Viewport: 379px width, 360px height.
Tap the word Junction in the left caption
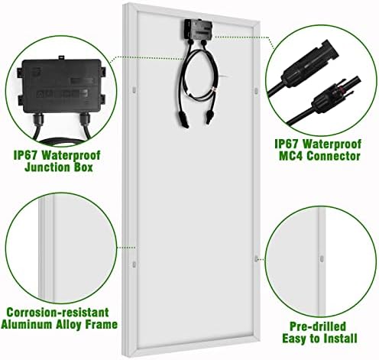click(48, 167)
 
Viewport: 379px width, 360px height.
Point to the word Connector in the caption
click(333, 156)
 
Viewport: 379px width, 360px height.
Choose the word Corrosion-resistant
click(58, 312)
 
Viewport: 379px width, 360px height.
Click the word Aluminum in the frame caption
click(27, 324)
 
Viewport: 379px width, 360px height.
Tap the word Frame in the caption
click(101, 324)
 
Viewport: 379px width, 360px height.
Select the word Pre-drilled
click(318, 326)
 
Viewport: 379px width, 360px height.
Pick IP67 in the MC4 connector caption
click(287, 144)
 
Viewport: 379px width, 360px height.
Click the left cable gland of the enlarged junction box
click(38, 120)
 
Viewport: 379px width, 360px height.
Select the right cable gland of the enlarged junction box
click(85, 120)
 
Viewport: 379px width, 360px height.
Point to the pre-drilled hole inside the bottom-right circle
click(322, 258)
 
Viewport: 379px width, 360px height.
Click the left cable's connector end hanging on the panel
click(185, 120)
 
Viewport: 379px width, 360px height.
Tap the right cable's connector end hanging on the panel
click(209, 117)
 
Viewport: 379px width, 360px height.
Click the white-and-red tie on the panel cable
click(214, 90)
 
